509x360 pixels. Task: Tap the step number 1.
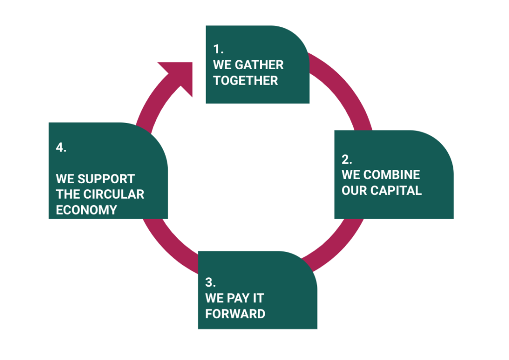218,49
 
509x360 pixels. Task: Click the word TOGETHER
245,81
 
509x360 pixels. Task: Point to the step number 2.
347,159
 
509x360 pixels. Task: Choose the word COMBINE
392,175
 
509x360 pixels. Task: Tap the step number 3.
210,282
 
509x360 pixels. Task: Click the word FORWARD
235,314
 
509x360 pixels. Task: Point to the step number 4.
61,147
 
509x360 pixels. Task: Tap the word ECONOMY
86,210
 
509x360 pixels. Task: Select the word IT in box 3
259,298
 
